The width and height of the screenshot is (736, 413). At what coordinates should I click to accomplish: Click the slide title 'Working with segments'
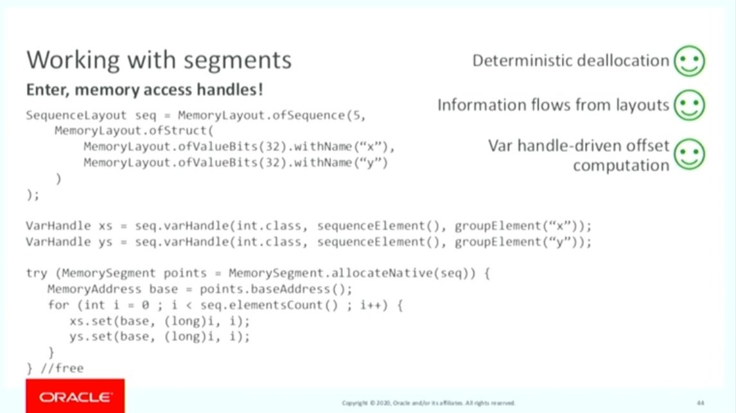pos(159,60)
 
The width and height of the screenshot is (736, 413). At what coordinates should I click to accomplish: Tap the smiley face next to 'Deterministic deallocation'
pos(689,61)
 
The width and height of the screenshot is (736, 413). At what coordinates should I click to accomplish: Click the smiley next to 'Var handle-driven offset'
pos(689,154)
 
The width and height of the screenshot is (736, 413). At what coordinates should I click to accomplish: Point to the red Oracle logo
pos(75,397)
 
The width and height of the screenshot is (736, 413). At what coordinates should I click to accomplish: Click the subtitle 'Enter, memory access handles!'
pos(145,91)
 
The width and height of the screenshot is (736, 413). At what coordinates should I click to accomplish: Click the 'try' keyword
pos(36,273)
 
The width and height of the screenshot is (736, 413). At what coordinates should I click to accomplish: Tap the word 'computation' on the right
pos(621,165)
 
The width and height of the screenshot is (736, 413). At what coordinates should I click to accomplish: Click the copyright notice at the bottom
pos(428,403)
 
